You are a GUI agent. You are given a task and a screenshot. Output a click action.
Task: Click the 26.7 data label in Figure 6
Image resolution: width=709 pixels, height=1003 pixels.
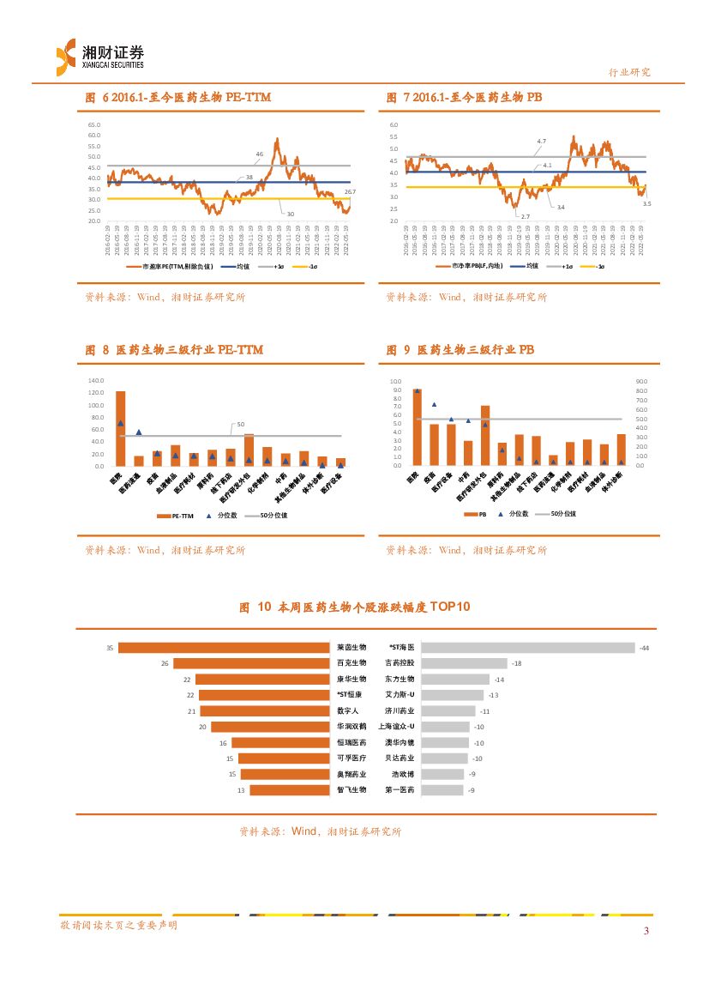tap(349, 192)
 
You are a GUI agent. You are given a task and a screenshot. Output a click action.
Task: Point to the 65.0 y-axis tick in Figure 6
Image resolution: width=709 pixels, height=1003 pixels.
tap(94, 125)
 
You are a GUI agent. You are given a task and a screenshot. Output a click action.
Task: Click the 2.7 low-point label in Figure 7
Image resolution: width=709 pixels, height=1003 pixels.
tap(525, 216)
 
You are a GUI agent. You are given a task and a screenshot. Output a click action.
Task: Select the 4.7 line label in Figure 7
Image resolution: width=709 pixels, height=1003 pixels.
tap(542, 141)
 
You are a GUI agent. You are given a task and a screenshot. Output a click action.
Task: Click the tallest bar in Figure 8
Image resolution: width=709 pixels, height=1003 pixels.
tap(121, 428)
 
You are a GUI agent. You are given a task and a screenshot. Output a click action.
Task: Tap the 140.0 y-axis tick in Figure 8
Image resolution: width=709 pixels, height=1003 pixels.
tap(95, 381)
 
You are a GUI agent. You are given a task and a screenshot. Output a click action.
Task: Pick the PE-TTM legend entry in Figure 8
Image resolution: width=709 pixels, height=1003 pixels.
tap(178, 516)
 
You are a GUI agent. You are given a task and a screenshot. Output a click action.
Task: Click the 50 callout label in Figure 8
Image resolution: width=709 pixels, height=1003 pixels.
tap(241, 425)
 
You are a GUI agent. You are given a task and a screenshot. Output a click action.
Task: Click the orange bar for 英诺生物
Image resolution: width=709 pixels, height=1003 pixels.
tap(224, 648)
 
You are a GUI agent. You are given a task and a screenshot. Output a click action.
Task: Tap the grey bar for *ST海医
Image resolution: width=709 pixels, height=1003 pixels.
tap(528, 648)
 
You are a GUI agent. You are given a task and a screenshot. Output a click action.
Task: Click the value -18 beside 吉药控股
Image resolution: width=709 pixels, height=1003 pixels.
tap(516, 663)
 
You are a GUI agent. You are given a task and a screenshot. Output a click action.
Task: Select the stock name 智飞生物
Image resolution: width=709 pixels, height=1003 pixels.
tap(351, 789)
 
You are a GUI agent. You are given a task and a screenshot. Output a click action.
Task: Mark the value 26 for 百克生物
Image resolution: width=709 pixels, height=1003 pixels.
tap(165, 663)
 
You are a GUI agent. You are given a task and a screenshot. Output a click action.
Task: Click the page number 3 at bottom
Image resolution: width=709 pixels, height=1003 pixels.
tap(647, 932)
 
